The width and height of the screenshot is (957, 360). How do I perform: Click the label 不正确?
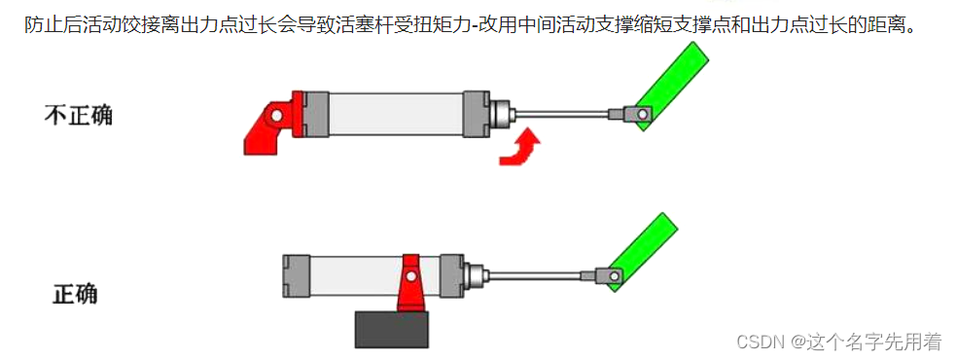coord(78,116)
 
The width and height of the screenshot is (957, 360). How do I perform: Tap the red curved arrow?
coord(520,148)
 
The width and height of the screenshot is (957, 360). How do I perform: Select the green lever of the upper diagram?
coord(671,85)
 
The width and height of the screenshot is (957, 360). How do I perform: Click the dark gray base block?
coord(393,329)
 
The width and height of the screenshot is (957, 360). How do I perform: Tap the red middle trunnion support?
coord(412,283)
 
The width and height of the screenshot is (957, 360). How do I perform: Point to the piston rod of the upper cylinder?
coord(563,114)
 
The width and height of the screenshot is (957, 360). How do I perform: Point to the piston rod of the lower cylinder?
coord(535,275)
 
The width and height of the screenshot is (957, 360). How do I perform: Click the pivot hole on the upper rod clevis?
coord(642,114)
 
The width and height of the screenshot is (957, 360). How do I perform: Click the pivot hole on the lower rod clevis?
coord(613,276)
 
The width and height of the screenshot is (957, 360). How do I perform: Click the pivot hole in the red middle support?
coord(412,276)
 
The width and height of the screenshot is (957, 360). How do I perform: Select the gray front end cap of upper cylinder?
coord(478,114)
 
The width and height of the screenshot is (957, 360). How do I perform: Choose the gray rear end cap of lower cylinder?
coord(297,275)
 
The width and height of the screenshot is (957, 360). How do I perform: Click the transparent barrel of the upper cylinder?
coord(396,114)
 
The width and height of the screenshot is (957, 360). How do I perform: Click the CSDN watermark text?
coord(839,342)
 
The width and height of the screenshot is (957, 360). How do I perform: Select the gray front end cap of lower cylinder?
coord(451,275)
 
